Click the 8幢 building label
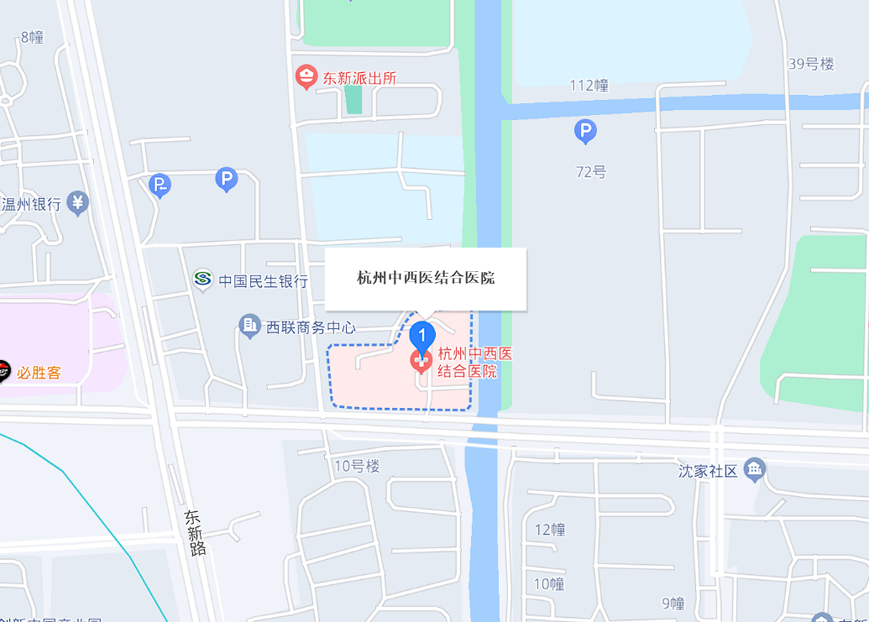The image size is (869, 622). pos(32,37)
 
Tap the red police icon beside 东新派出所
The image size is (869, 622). pos(306,78)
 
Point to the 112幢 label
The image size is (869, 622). pos(589,86)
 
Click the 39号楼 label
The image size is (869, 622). pos(811,64)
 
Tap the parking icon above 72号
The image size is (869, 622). pos(585,131)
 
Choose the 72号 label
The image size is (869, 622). pos(590,172)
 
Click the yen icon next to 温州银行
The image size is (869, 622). pos(78,202)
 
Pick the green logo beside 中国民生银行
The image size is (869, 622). pos(202,280)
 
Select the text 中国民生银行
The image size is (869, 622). pos(263,281)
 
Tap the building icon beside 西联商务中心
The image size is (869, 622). pos(249,326)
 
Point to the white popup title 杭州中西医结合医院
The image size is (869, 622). pos(426,278)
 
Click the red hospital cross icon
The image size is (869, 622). pos(421,362)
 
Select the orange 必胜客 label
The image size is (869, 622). pos(39,372)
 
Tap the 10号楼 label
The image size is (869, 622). pos(357,467)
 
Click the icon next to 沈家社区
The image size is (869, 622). pos(755,470)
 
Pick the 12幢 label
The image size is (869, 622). pos(550,530)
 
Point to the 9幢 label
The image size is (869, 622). pos(673,604)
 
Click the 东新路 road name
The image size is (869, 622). pos(196,532)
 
